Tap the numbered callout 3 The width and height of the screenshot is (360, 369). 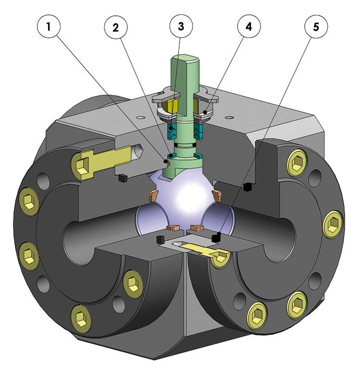180,26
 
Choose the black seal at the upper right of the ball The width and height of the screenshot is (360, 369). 248,186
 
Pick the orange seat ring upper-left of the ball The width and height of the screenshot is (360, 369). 153,195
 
